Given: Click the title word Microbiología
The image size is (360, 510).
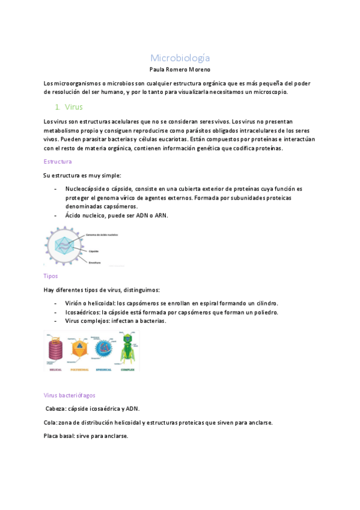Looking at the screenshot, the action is click(180, 58).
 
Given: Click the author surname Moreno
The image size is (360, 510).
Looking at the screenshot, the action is click(197, 70).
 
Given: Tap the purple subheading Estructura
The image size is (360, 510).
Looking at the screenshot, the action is click(58, 162).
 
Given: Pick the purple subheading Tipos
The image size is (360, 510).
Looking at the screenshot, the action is click(50, 276).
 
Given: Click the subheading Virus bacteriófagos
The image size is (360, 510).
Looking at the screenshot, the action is click(70, 396).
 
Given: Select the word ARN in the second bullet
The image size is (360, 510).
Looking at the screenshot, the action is click(160, 215).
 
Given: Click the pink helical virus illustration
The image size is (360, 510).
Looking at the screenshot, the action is click(56, 350).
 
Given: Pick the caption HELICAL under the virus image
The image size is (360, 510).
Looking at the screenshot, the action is click(56, 370).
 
